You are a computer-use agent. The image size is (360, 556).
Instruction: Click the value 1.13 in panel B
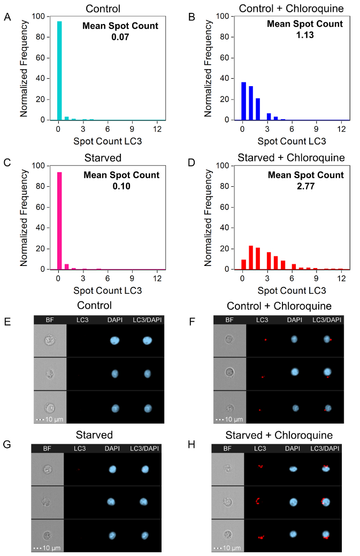(x=305, y=35)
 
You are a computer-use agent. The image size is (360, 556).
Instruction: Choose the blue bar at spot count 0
(x=244, y=102)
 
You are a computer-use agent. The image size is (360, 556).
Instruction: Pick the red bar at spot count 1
(x=251, y=257)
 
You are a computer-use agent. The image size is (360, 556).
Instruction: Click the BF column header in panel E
(x=50, y=319)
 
